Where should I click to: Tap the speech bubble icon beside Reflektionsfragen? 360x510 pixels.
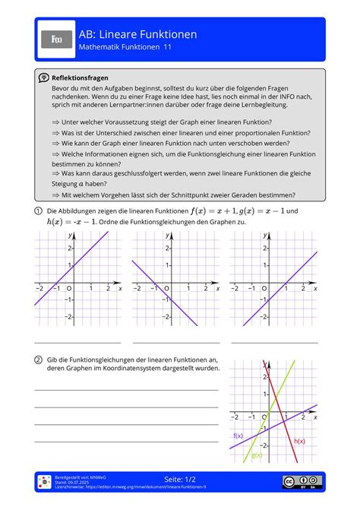[x=44, y=78]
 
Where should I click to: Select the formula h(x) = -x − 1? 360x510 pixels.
[x=62, y=222]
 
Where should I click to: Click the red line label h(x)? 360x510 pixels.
[x=299, y=441]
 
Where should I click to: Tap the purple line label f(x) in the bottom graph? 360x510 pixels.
[x=238, y=436]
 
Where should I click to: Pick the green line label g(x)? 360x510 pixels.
[x=256, y=455]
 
